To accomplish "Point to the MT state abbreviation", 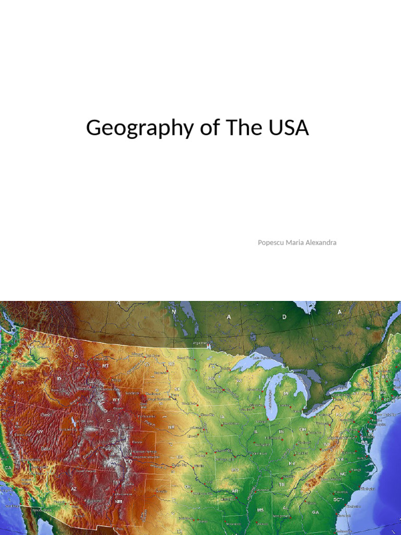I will [106, 366].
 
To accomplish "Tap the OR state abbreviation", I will [20, 382].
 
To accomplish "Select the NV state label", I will [40, 432].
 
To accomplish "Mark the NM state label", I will [119, 501].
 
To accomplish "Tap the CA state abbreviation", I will [8, 467].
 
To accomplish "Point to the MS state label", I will [260, 509].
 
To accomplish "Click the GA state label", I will [315, 513].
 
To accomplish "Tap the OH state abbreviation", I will [302, 429].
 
